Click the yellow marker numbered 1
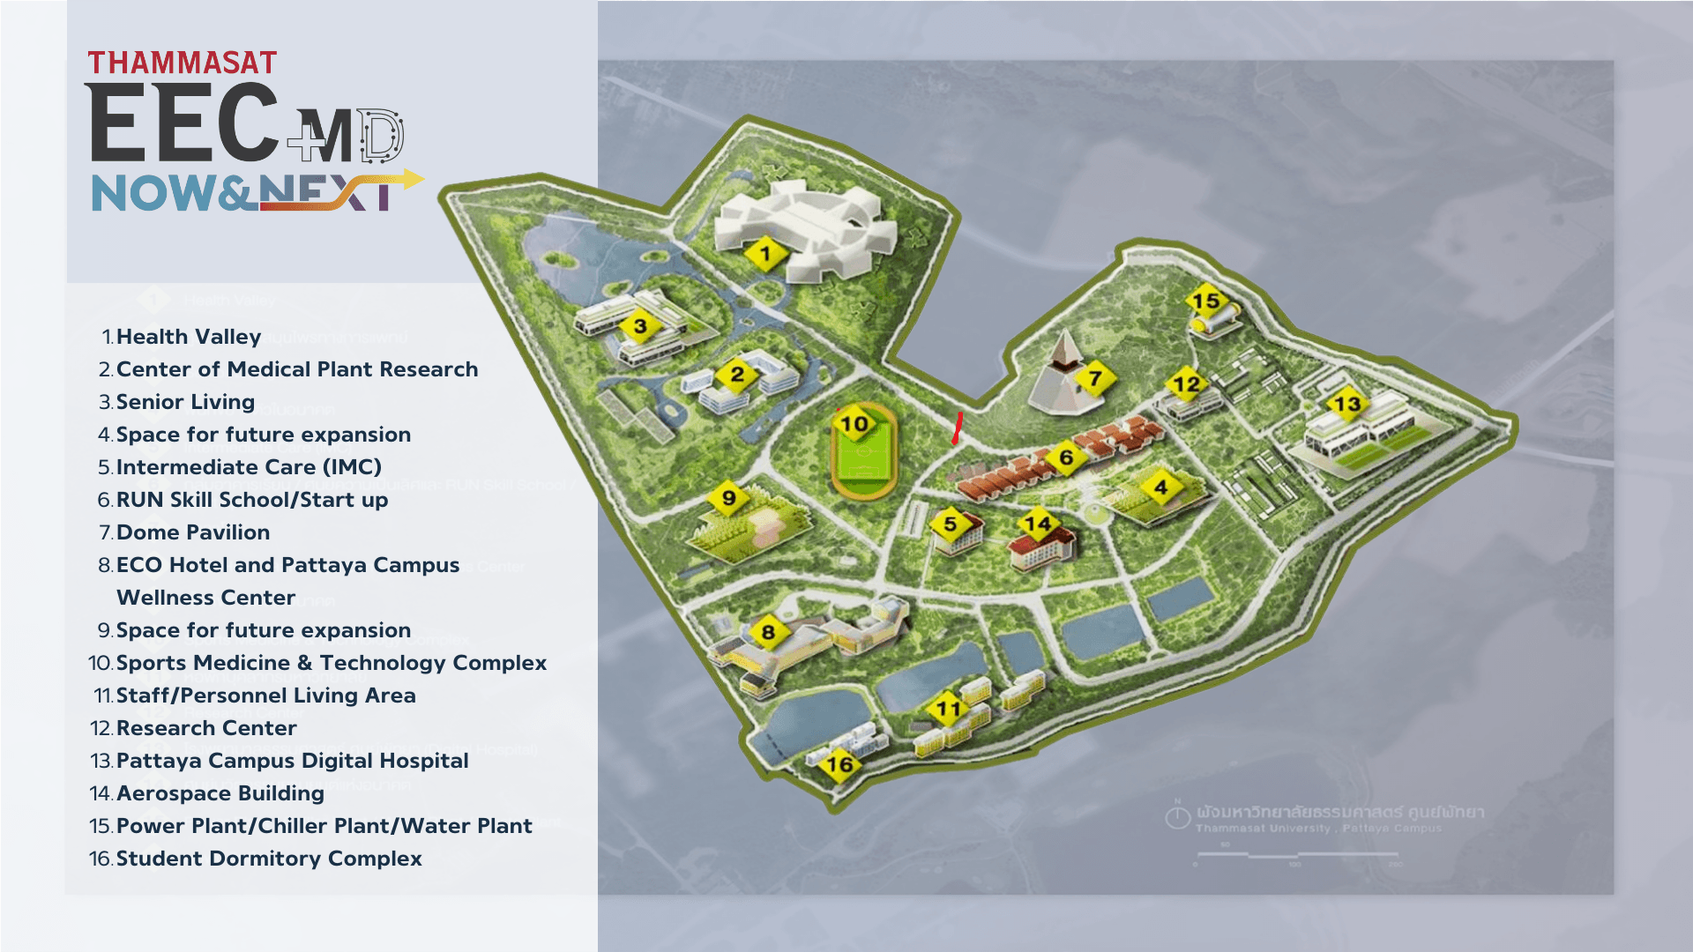[765, 255]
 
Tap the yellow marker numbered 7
[1094, 379]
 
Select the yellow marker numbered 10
[854, 425]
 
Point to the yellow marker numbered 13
[1346, 405]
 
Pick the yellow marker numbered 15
[1205, 301]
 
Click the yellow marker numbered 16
[839, 764]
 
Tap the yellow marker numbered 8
[768, 632]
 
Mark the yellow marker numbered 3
[640, 327]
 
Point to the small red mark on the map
[957, 428]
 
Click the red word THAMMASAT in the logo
[182, 63]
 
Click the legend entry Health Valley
[189, 337]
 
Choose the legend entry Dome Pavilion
[193, 532]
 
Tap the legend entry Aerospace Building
[220, 793]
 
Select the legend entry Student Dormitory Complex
[269, 859]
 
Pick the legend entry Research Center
[206, 728]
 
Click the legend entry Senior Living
[185, 402]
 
